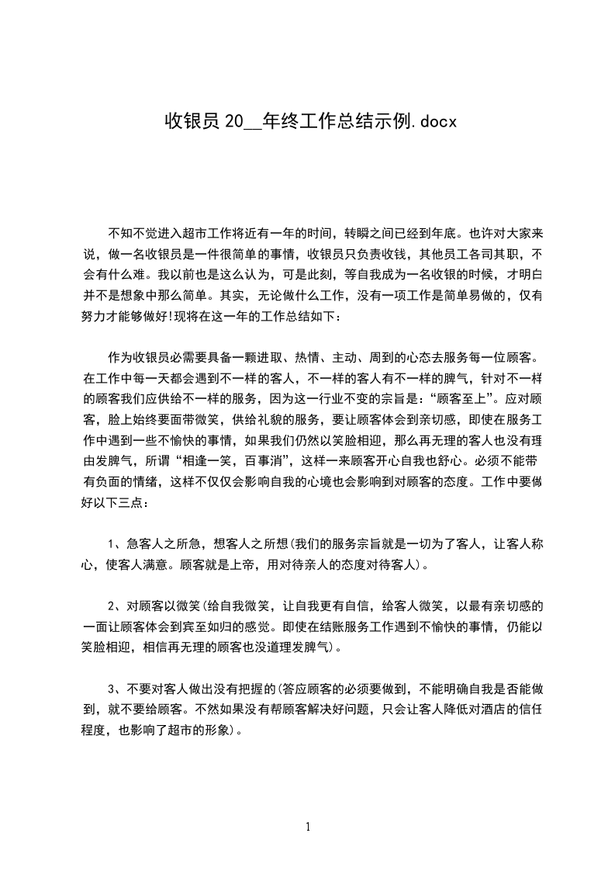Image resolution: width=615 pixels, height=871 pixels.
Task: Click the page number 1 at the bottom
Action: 308,827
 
